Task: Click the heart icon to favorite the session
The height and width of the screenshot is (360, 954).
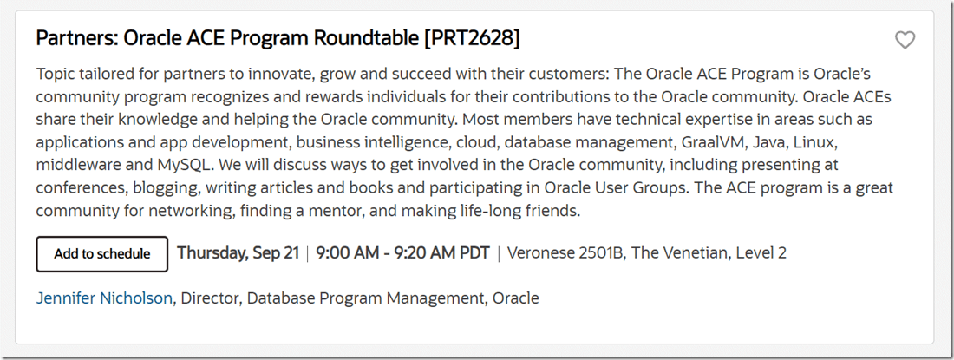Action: pos(905,40)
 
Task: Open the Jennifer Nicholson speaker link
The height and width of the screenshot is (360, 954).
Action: pos(104,298)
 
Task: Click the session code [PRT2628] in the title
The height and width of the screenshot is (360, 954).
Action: pos(472,38)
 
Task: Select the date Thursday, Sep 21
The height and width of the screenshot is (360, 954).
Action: pos(238,253)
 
